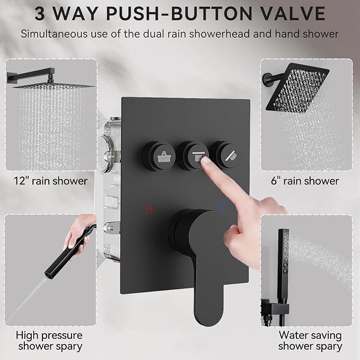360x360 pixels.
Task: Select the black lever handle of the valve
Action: click(199, 249)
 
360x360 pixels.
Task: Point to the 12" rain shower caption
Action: click(51, 181)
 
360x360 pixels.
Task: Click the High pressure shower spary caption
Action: click(49, 340)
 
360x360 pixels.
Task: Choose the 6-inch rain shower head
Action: click(304, 90)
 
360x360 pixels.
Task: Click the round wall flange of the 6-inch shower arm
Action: click(265, 80)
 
